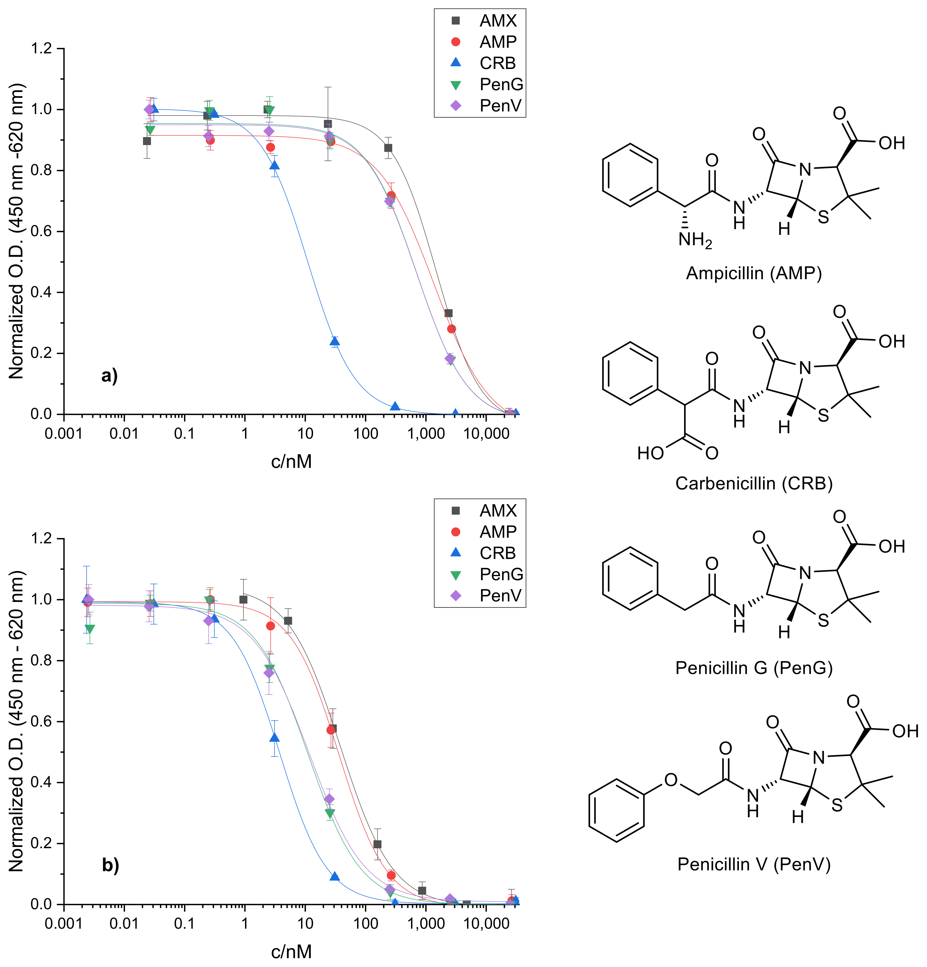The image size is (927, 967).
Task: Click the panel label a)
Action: pyautogui.click(x=109, y=376)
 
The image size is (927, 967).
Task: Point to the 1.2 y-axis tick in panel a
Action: pyautogui.click(x=42, y=48)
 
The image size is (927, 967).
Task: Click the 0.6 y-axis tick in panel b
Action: pyautogui.click(x=42, y=721)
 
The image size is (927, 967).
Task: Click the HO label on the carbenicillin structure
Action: pyautogui.click(x=650, y=453)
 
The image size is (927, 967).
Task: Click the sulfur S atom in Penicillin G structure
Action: pyautogui.click(x=823, y=620)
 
